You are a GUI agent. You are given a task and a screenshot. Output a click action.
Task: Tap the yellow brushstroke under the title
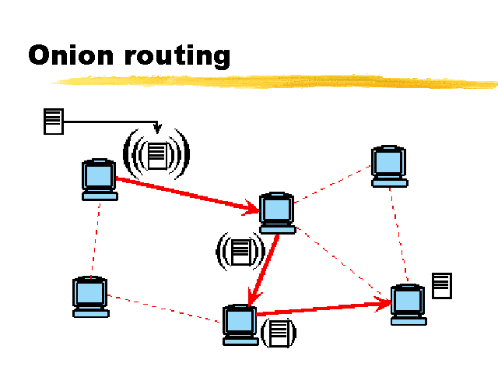coord(280,80)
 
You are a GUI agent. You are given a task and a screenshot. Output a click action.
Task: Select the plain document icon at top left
coord(53,121)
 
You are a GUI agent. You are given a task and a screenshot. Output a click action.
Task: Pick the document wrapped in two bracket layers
coord(240,251)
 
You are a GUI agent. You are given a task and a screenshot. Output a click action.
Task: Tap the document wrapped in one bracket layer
coord(279,332)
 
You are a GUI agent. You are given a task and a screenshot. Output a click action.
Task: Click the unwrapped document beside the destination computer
coord(442,284)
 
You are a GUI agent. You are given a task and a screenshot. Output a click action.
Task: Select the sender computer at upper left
coord(100,180)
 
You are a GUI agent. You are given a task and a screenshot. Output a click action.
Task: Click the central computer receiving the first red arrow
coord(278,213)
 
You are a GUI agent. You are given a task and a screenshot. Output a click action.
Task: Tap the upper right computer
coord(388,165)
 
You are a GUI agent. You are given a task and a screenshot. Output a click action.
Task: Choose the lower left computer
coord(90,297)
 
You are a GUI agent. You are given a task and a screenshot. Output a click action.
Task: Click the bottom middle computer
coord(240,324)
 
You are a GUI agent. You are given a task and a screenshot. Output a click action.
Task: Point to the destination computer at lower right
coord(408,305)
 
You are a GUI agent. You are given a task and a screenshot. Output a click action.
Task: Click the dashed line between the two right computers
coord(398,234)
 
